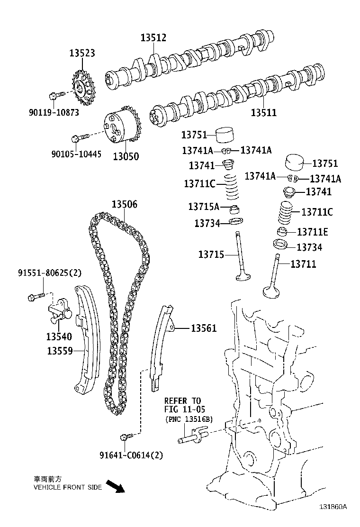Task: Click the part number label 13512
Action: click(x=153, y=38)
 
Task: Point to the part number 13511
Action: click(x=263, y=113)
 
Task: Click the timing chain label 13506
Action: click(x=125, y=205)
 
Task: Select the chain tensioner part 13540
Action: click(x=59, y=313)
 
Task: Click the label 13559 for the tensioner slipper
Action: click(x=60, y=351)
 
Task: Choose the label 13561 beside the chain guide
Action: click(x=204, y=328)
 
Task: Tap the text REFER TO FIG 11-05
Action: click(x=182, y=405)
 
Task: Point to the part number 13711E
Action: click(x=313, y=232)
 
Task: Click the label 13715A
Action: click(x=204, y=206)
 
